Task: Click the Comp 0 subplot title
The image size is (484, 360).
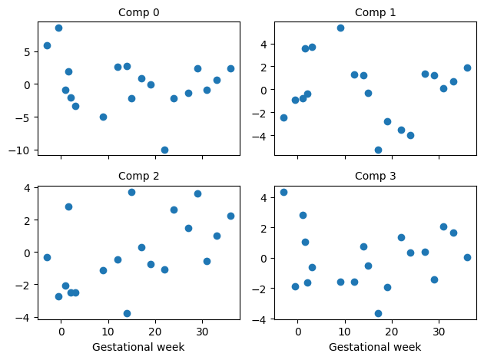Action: pyautogui.click(x=138, y=12)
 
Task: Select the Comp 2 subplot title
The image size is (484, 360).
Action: pyautogui.click(x=138, y=176)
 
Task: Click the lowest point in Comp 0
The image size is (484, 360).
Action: pyautogui.click(x=164, y=150)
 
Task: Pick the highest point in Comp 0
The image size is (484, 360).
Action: pyautogui.click(x=58, y=28)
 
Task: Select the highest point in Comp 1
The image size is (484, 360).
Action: pyautogui.click(x=340, y=28)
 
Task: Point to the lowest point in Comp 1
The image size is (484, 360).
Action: pyautogui.click(x=378, y=150)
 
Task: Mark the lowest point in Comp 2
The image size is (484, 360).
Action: pyautogui.click(x=127, y=313)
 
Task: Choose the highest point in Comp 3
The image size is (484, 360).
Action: pyautogui.click(x=283, y=192)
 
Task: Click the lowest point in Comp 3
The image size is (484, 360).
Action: pyautogui.click(x=378, y=313)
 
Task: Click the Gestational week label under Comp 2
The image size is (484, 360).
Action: pyautogui.click(x=138, y=347)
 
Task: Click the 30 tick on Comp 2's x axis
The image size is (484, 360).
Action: pyautogui.click(x=202, y=332)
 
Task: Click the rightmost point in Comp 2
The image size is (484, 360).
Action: pyautogui.click(x=230, y=216)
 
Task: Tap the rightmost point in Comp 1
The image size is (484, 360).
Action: pyautogui.click(x=467, y=68)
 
